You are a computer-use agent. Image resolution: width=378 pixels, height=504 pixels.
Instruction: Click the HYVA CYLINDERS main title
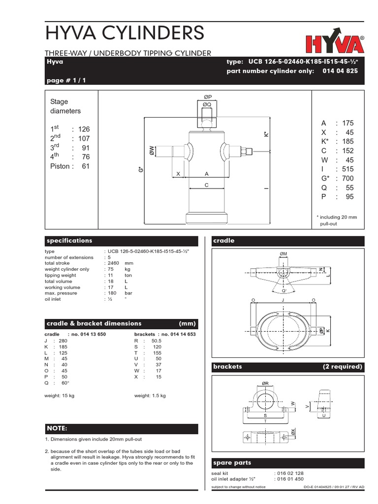click(124, 33)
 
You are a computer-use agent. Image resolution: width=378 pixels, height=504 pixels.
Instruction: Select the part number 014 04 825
click(340, 71)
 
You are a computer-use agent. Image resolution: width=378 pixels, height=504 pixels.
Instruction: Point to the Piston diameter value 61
click(86, 166)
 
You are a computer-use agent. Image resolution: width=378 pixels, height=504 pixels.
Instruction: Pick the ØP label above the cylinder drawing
click(207, 97)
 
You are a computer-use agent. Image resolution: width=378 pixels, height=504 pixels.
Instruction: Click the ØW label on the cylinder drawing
click(152, 151)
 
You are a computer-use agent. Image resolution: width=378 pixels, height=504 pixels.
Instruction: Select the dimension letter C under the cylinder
click(207, 185)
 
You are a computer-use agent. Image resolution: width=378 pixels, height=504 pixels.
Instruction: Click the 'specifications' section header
click(69, 241)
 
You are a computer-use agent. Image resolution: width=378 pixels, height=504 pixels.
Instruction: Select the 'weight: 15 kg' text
click(60, 396)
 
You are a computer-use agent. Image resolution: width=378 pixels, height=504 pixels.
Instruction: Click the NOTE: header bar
click(121, 429)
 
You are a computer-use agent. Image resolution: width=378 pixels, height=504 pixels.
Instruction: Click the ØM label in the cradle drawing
click(283, 253)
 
